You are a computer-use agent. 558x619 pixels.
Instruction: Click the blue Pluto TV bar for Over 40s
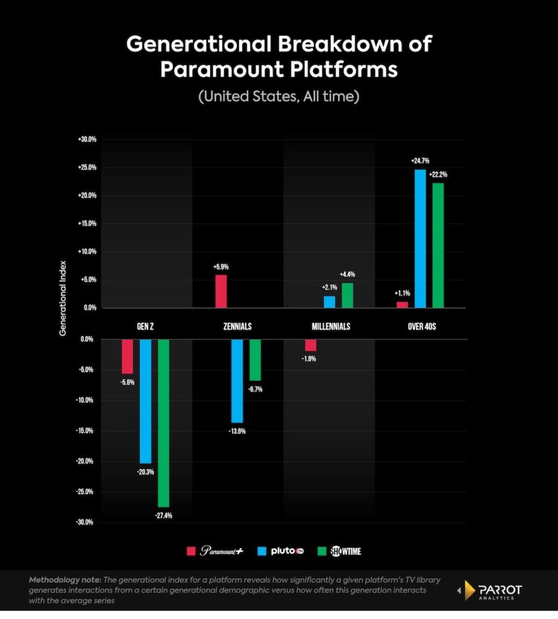pyautogui.click(x=420, y=239)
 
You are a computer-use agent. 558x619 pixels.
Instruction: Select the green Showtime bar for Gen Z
pyautogui.click(x=164, y=423)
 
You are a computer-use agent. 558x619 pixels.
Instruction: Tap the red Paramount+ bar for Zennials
pyautogui.click(x=221, y=291)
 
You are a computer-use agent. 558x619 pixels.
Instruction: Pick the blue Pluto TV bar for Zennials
pyautogui.click(x=237, y=381)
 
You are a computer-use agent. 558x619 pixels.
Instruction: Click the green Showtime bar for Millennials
pyautogui.click(x=347, y=295)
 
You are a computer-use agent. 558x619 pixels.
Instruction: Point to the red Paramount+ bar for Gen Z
pyautogui.click(x=127, y=357)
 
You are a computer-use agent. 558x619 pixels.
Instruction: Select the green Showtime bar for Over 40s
pyautogui.click(x=438, y=245)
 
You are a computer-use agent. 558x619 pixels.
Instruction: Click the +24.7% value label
pyautogui.click(x=420, y=161)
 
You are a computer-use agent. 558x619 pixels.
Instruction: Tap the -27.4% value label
pyautogui.click(x=164, y=516)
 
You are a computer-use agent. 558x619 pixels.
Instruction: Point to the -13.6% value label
pyautogui.click(x=237, y=432)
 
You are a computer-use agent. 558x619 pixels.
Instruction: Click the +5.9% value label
pyautogui.click(x=221, y=267)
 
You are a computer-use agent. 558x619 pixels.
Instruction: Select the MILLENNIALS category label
pyautogui.click(x=331, y=326)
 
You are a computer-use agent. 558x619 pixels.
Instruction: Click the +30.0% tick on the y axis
pyautogui.click(x=87, y=140)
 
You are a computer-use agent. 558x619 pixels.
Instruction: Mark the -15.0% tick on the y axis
pyautogui.click(x=87, y=431)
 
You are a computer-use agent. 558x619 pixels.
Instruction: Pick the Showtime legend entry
pyautogui.click(x=339, y=551)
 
